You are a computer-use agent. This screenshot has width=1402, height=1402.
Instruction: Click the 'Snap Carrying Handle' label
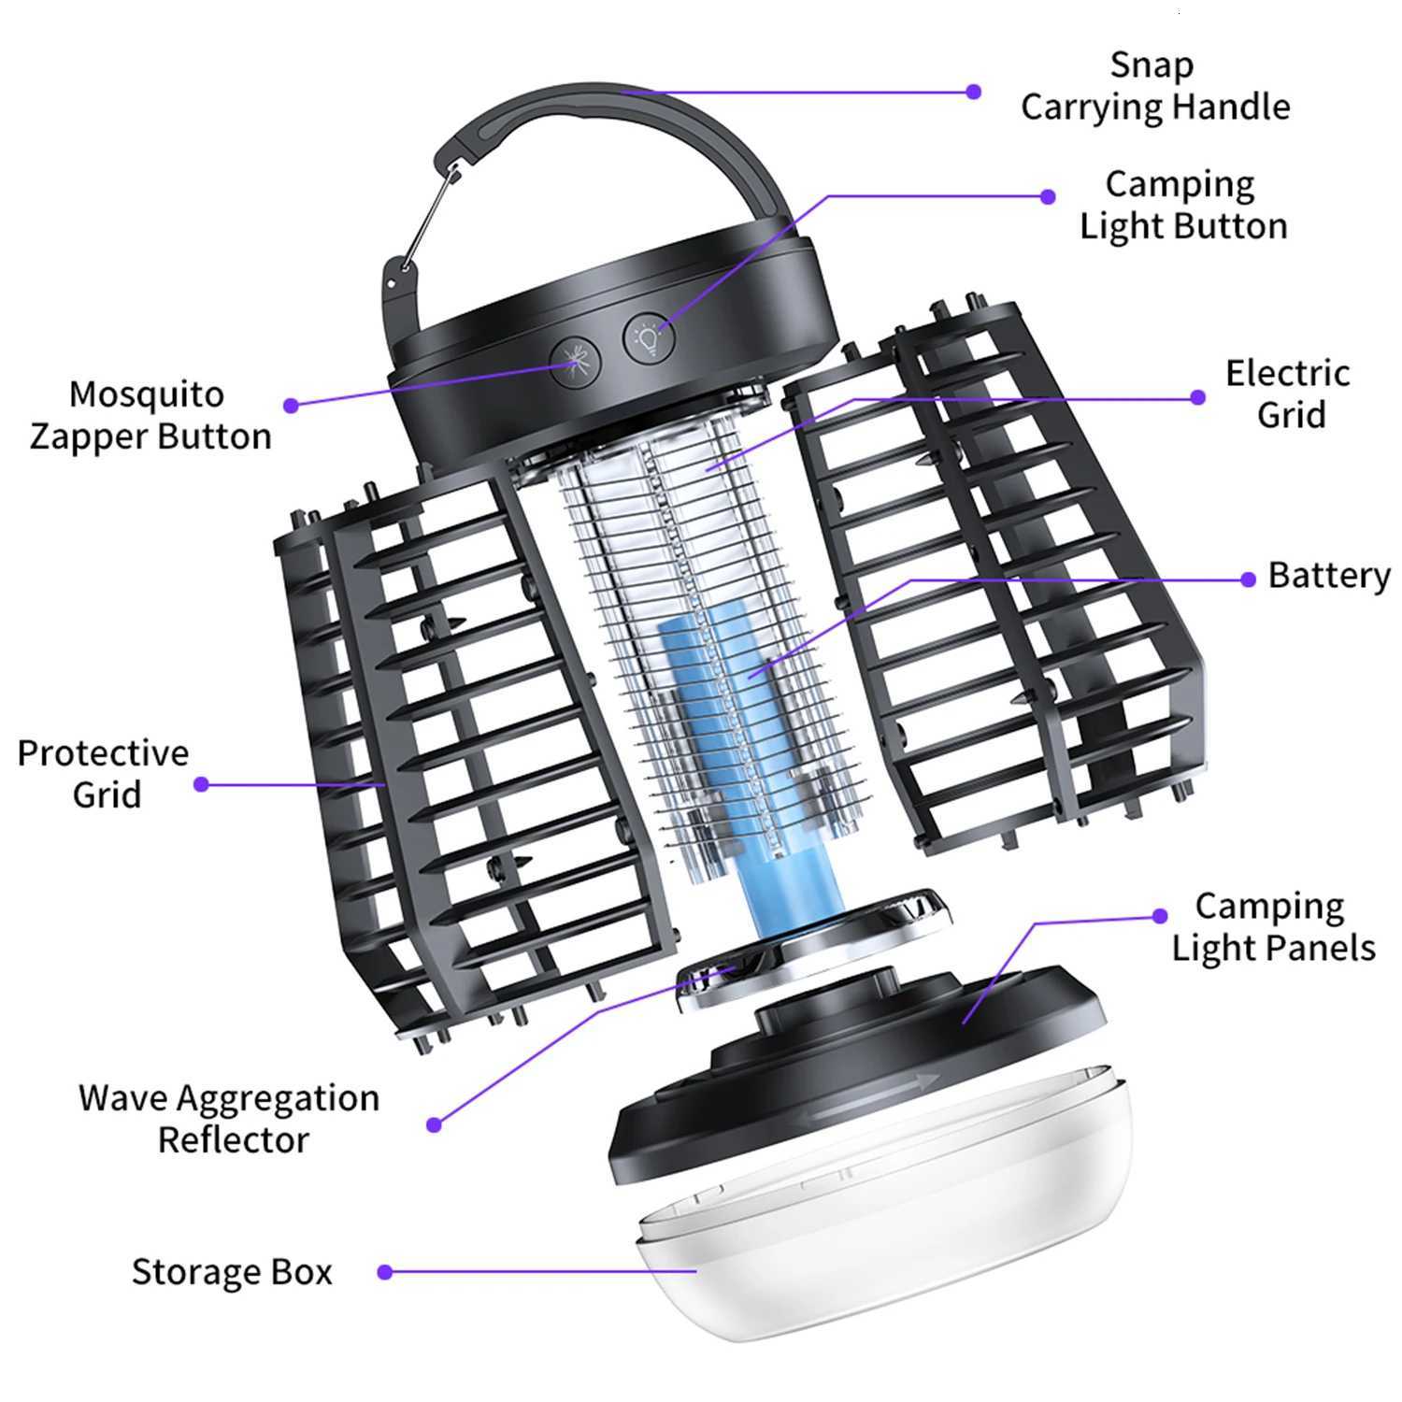1154,86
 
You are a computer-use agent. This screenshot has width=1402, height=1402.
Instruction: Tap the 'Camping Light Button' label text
1182,206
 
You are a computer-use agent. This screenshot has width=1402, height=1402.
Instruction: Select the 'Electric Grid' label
1288,393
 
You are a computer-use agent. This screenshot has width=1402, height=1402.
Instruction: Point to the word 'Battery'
1328,576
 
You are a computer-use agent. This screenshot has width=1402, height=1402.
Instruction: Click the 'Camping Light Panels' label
1273,927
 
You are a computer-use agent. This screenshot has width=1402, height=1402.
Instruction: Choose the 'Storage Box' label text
232,1272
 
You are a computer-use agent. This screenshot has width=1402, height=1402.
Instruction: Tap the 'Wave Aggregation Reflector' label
230,1119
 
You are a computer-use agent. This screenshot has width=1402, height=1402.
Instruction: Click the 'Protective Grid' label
104,774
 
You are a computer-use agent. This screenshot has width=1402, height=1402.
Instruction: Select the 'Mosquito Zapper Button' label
150,416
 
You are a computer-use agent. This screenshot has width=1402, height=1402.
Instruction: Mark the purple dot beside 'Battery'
1248,579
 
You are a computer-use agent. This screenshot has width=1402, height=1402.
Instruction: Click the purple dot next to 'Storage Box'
384,1272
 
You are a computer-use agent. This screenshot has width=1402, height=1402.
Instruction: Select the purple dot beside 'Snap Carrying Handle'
974,92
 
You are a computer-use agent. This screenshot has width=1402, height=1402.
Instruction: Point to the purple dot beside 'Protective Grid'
201,784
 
